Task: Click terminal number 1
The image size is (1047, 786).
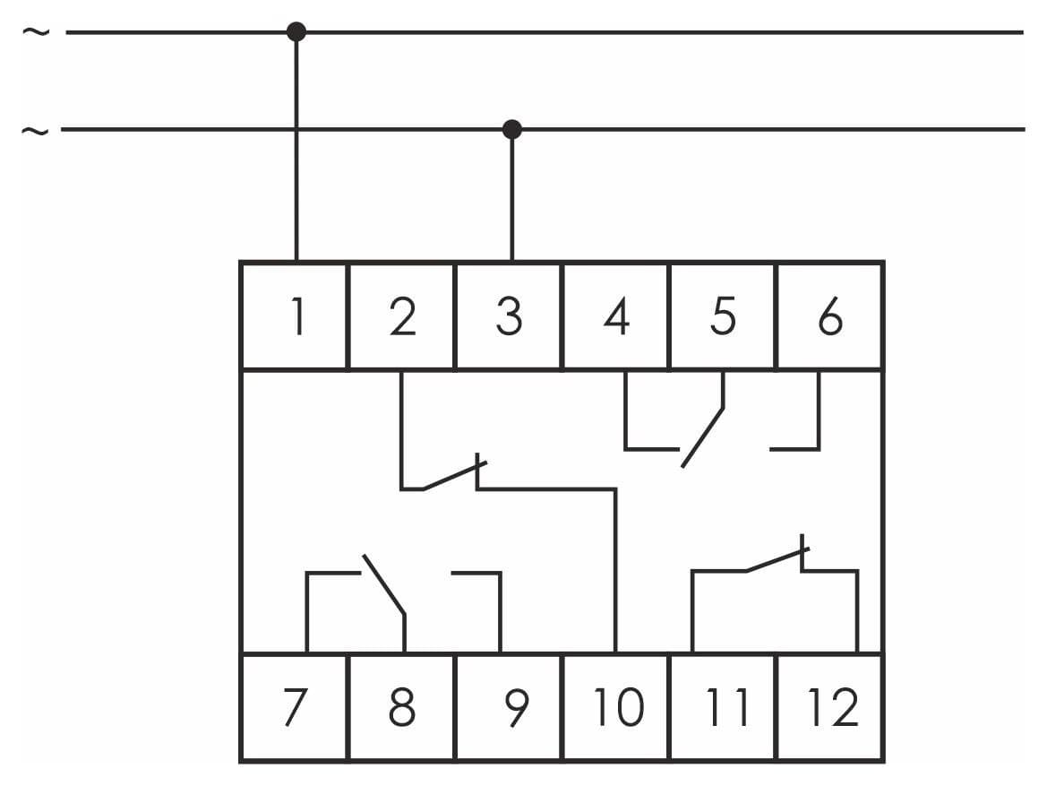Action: (298, 316)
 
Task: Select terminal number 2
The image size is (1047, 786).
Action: (403, 316)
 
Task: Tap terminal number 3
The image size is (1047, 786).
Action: (509, 316)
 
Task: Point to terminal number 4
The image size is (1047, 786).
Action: (616, 316)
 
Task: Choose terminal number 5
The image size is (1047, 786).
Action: (723, 316)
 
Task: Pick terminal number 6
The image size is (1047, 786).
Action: (830, 316)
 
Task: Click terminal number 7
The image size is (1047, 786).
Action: (296, 706)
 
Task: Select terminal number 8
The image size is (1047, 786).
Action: (402, 706)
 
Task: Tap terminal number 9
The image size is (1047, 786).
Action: (517, 706)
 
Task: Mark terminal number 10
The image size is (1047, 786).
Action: (619, 706)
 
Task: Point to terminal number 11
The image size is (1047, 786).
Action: (727, 706)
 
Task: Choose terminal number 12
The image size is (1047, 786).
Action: (833, 706)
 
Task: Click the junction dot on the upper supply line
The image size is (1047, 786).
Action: (296, 31)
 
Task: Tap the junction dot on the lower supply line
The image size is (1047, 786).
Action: (512, 129)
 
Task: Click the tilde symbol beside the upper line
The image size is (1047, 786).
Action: (36, 31)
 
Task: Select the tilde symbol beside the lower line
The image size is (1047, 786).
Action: (35, 130)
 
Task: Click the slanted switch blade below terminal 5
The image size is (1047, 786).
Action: (702, 437)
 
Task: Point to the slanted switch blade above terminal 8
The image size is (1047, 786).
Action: (384, 584)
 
